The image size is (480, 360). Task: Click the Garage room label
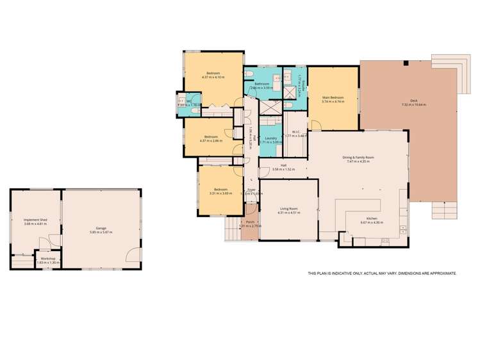tap(101, 228)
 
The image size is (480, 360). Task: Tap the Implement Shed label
tap(36, 220)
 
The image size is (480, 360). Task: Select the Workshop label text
tap(48, 259)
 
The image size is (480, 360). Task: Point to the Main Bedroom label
tap(333, 97)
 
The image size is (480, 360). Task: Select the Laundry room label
tap(270, 138)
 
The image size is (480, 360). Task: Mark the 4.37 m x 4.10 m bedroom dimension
tap(213, 78)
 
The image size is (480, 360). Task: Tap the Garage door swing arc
tap(132, 256)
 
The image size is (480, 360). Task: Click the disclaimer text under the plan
tap(382, 274)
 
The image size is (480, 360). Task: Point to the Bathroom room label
tap(261, 84)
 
